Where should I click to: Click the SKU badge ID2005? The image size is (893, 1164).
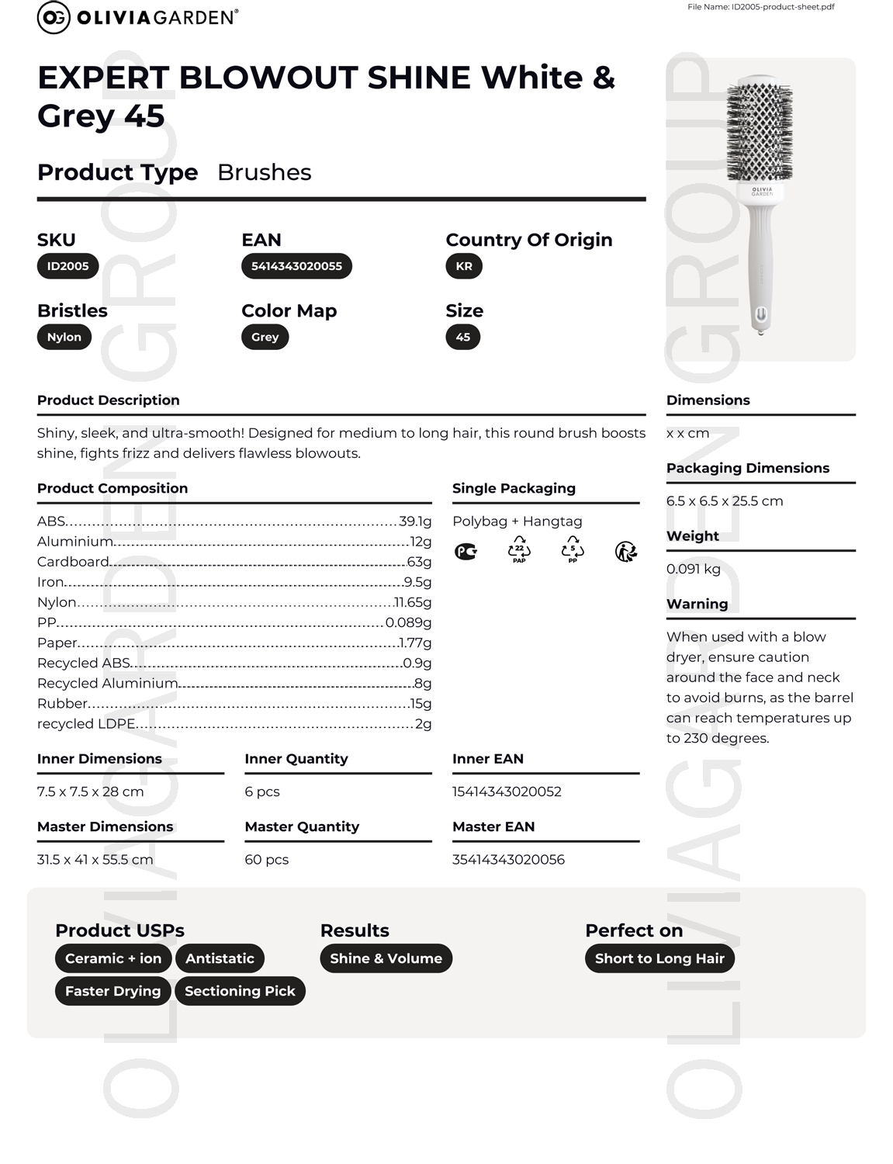(x=67, y=266)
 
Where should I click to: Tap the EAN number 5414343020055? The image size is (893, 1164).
(x=296, y=266)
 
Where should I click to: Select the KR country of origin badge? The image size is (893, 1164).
(x=464, y=266)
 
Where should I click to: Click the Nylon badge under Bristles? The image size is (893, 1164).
(x=64, y=337)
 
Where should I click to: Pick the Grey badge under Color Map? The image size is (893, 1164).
(x=265, y=337)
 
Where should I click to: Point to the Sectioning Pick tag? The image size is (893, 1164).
(x=240, y=991)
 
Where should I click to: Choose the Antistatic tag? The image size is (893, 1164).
(x=220, y=958)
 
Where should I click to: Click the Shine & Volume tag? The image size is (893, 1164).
(x=386, y=958)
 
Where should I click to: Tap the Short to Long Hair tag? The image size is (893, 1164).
(x=659, y=958)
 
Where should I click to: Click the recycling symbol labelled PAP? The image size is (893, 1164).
(x=519, y=549)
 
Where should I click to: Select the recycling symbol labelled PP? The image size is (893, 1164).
(x=573, y=549)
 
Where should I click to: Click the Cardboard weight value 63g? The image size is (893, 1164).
(x=419, y=562)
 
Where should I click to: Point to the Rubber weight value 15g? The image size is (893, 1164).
(x=421, y=704)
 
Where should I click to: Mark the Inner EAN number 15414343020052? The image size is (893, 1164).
(x=507, y=792)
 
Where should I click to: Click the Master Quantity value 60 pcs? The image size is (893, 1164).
(x=267, y=860)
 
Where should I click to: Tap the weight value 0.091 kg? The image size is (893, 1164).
(x=694, y=569)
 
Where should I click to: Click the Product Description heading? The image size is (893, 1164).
(x=109, y=400)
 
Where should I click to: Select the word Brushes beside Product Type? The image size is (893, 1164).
(x=265, y=172)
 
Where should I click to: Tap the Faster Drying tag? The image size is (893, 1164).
(x=112, y=991)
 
